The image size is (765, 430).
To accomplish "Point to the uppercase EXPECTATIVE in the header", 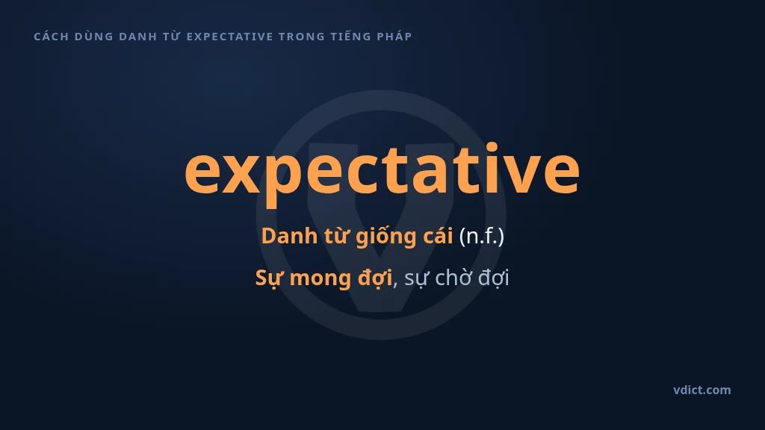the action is [x=230, y=37].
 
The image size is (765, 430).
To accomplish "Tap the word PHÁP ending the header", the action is [x=394, y=36].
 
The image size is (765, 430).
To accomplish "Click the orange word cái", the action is [x=438, y=236].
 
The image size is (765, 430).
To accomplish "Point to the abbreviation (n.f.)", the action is [x=482, y=237].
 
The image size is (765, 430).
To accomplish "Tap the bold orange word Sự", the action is [x=269, y=278].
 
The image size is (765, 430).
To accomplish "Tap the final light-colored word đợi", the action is [x=493, y=278].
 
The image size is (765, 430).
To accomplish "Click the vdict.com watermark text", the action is [x=702, y=390].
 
